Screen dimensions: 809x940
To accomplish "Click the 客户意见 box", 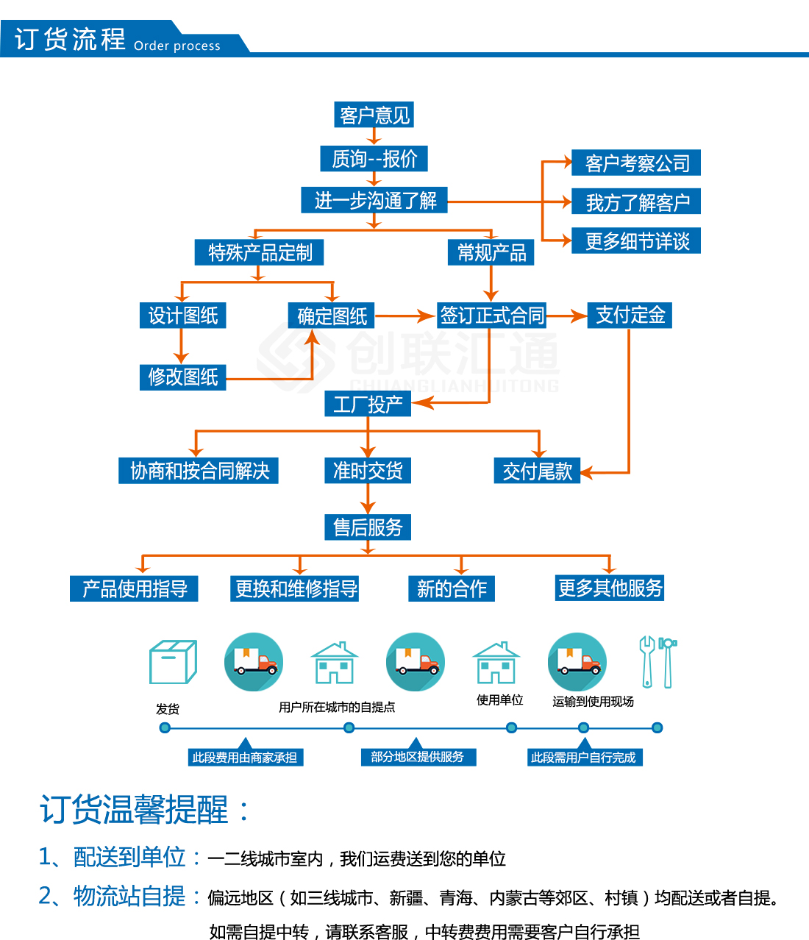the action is [x=374, y=115].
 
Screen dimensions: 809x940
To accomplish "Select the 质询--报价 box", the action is [x=374, y=159].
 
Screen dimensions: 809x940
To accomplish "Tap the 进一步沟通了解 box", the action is [x=374, y=200].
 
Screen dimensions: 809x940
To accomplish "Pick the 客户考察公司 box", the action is [x=636, y=163].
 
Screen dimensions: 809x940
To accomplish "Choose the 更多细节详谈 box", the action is [x=636, y=241].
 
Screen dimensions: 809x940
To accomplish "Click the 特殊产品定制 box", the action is [x=259, y=252].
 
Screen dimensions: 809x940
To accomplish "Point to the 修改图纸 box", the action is [x=183, y=377].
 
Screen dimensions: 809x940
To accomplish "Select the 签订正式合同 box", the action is [x=491, y=315].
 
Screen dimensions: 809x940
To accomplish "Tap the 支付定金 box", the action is [x=630, y=315].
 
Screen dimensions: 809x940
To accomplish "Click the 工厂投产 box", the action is [x=368, y=404].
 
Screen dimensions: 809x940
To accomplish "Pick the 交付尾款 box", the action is [x=537, y=471].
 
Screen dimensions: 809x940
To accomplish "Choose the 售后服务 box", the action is [x=368, y=527].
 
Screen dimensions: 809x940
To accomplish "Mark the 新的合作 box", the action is [x=452, y=588].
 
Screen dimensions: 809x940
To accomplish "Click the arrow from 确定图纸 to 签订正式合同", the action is [x=405, y=316].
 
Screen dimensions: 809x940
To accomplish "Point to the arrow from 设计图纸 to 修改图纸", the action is [x=181, y=346].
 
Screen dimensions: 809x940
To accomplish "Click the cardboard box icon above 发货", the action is [x=173, y=662].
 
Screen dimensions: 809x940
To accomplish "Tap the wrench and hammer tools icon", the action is [x=657, y=662].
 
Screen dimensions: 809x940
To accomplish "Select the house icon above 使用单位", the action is [x=496, y=663].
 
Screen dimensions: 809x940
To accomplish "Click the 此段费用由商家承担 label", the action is [x=246, y=757].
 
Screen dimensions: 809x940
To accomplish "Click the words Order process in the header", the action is [x=177, y=46].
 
